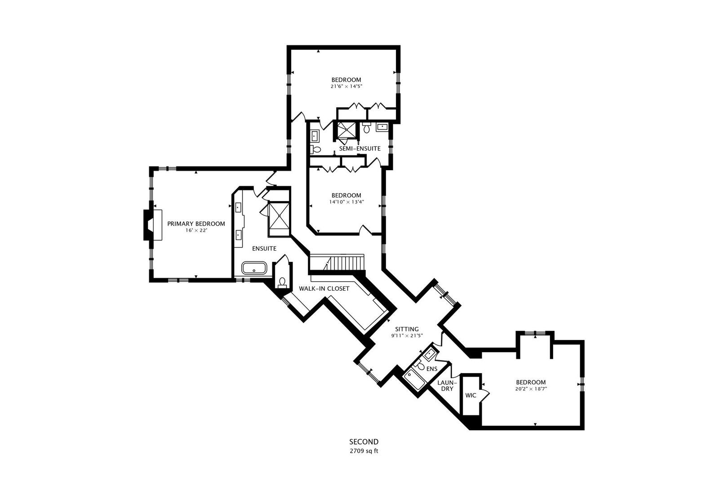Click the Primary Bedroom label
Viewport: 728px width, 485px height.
[196, 224]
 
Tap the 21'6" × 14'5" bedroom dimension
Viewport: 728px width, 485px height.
[346, 87]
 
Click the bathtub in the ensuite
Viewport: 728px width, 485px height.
[254, 269]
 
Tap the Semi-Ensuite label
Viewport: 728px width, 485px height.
[360, 149]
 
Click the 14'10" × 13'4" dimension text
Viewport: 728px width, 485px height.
[346, 202]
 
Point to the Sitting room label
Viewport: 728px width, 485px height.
[407, 329]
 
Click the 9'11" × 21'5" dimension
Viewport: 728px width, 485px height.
[407, 336]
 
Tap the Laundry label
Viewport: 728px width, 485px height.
[447, 385]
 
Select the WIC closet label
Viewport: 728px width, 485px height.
[471, 396]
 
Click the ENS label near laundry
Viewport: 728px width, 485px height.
[432, 369]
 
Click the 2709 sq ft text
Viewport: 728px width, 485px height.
[364, 451]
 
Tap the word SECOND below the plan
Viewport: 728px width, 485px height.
[364, 442]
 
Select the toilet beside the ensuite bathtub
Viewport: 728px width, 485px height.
[282, 282]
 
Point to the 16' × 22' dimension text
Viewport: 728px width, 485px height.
[196, 230]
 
